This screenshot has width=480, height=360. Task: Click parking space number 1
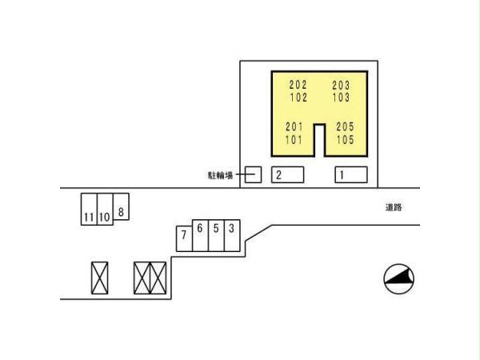tap(350, 174)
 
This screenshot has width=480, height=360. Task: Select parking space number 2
tap(287, 174)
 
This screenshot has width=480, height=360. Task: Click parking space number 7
tap(183, 238)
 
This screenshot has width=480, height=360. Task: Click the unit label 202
tap(298, 85)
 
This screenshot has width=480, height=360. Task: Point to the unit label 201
tap(295, 126)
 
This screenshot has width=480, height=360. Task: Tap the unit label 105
tap(345, 138)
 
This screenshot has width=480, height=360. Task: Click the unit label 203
tap(342, 85)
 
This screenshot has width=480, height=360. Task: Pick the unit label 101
tap(295, 138)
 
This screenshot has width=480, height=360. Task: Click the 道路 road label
tap(393, 207)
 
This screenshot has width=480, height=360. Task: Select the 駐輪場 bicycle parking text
tap(218, 174)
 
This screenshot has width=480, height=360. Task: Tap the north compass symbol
tap(400, 278)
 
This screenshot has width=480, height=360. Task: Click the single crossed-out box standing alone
tap(99, 278)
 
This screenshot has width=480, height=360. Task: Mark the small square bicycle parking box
tap(253, 174)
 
